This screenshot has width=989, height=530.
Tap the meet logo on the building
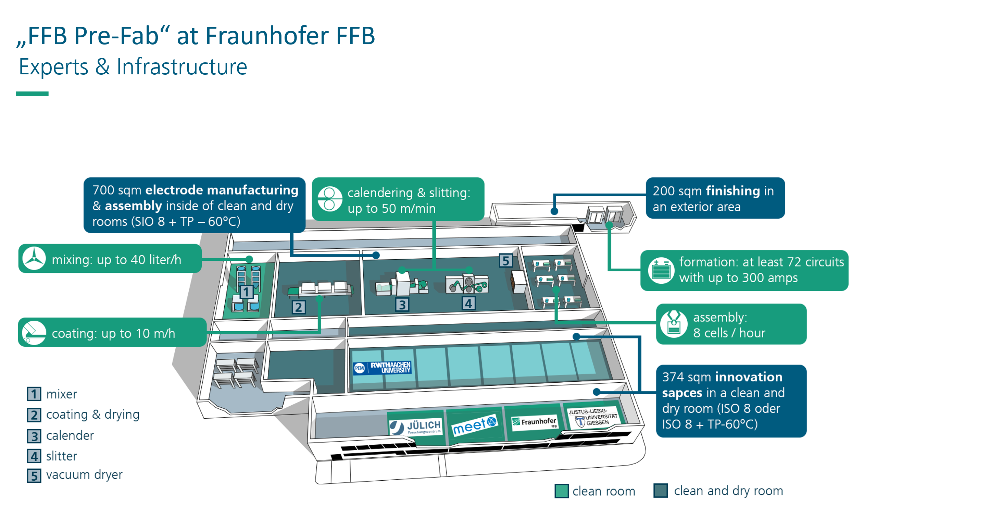[x=475, y=425]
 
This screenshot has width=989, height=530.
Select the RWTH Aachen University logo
[x=382, y=368]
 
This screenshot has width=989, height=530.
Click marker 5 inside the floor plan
[x=506, y=261]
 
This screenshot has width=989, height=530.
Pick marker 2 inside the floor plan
[x=298, y=307]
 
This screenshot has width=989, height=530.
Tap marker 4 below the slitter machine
[x=468, y=304]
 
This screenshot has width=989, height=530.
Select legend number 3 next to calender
[x=34, y=436]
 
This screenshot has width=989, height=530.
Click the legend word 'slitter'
[x=61, y=456]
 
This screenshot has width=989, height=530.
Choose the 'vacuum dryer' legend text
[x=84, y=475]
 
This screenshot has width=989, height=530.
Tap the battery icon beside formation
[x=660, y=270]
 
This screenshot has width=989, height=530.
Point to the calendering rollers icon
[x=329, y=199]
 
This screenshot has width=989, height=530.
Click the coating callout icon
[x=34, y=332]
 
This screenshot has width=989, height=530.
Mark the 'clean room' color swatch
[x=561, y=491]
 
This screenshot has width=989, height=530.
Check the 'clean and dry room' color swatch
[x=660, y=491]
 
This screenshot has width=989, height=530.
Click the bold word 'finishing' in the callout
[x=733, y=191]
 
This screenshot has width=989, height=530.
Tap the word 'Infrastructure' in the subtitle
[x=181, y=67]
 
